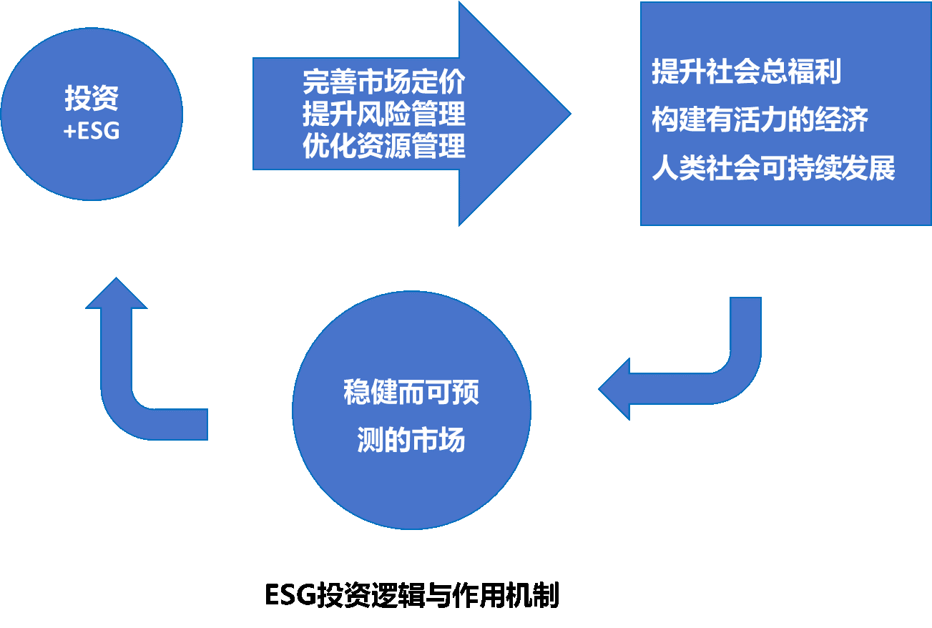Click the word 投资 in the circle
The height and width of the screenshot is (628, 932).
tap(91, 99)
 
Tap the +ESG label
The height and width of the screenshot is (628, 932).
tap(91, 131)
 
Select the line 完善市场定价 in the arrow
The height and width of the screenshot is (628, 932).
tap(383, 83)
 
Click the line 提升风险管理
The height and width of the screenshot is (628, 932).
tap(383, 114)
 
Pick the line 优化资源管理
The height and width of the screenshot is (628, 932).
tap(383, 147)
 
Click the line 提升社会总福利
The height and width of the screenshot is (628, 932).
tap(746, 72)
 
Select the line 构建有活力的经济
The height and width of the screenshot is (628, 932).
tap(760, 120)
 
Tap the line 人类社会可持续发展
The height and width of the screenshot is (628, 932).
tap(773, 170)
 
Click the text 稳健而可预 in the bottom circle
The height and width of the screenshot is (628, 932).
tap(411, 393)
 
